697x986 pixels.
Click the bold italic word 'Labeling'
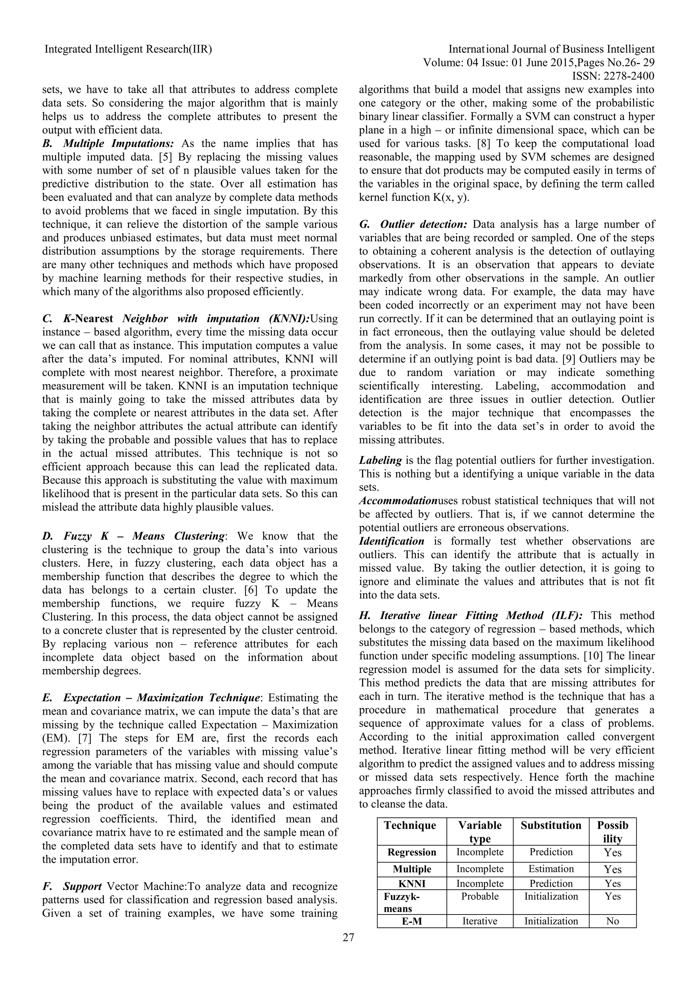(x=380, y=460)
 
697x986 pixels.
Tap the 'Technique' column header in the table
(x=410, y=825)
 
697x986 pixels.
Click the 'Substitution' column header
(x=551, y=825)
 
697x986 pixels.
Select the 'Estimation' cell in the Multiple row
(x=551, y=869)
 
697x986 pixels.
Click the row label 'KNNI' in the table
(x=411, y=884)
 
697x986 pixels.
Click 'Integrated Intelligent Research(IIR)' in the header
(x=128, y=50)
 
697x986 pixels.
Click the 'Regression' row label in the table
(x=411, y=853)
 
